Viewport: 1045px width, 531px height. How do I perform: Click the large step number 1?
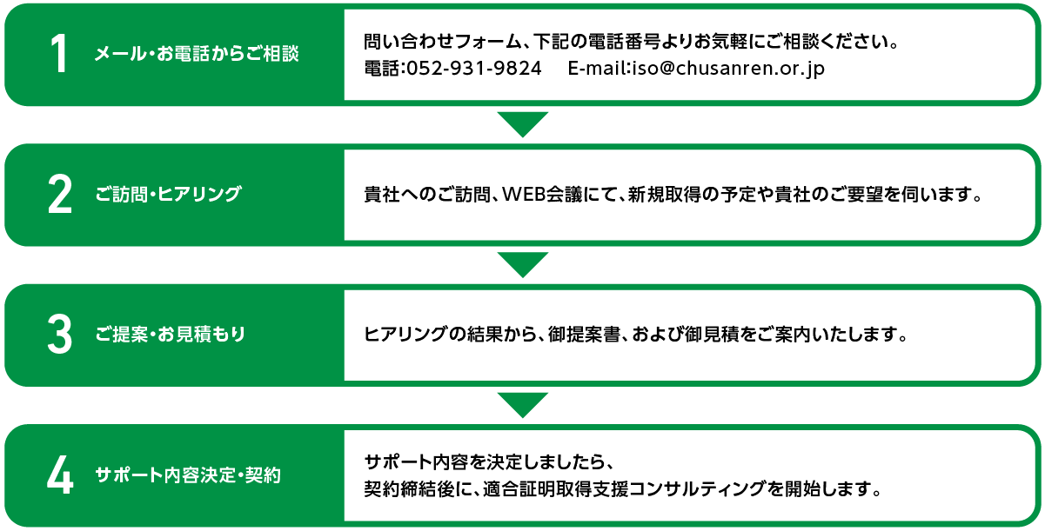(60, 54)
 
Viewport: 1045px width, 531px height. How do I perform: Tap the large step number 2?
(60, 194)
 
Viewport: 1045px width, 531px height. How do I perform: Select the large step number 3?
(60, 334)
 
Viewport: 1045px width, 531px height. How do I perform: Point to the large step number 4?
(60, 475)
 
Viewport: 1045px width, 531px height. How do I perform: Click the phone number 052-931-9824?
(474, 69)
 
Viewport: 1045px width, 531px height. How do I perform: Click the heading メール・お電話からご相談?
(197, 54)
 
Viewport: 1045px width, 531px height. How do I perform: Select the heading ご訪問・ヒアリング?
(168, 194)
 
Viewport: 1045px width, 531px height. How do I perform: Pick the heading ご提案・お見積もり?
(171, 334)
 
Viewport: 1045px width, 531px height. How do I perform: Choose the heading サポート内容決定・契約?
(188, 475)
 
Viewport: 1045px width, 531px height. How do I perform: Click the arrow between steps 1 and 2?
(522, 124)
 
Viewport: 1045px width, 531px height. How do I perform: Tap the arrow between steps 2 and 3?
(522, 265)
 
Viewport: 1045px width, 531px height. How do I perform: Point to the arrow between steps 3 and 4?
(522, 405)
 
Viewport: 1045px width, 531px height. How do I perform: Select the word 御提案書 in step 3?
(584, 335)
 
